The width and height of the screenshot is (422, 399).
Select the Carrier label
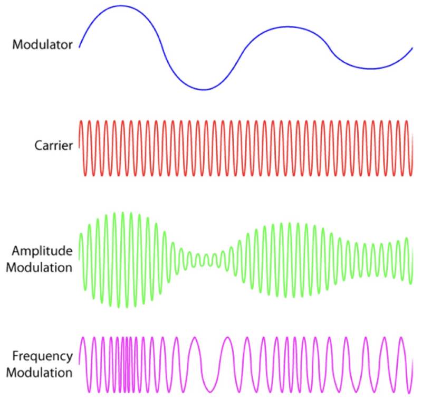pyautogui.click(x=54, y=146)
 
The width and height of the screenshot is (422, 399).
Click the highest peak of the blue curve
pyautogui.click(x=121, y=6)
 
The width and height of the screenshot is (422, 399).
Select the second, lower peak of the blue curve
pyautogui.click(x=287, y=26)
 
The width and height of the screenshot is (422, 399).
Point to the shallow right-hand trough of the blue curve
pyautogui.click(x=371, y=69)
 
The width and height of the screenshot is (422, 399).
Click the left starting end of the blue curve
pyautogui.click(x=79, y=47)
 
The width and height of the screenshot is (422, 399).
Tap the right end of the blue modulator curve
pyautogui.click(x=413, y=47)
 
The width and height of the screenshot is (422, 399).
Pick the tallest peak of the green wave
pyautogui.click(x=123, y=213)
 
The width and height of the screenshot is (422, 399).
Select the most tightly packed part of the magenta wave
pyautogui.click(x=127, y=364)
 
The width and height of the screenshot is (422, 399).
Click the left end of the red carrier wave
pyautogui.click(x=79, y=148)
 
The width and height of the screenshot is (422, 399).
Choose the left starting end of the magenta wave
pyautogui.click(x=79, y=364)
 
